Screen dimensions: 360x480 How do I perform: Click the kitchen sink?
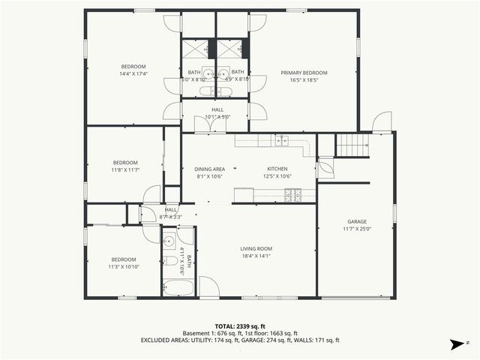[282, 139]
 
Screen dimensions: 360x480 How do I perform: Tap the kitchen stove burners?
[292, 194]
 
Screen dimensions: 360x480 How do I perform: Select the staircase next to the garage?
[352, 145]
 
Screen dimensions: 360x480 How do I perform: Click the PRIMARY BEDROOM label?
[304, 73]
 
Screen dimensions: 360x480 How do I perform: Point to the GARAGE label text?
[356, 222]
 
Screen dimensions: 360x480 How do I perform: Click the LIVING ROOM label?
[256, 248]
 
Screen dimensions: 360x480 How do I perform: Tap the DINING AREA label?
[210, 169]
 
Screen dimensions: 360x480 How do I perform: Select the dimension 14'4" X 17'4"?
[133, 73]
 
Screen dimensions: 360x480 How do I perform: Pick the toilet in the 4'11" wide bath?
[169, 261]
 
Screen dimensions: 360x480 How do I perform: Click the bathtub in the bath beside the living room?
[178, 287]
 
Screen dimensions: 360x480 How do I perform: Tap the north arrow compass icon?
[454, 344]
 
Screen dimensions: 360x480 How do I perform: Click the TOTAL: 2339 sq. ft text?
[240, 326]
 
